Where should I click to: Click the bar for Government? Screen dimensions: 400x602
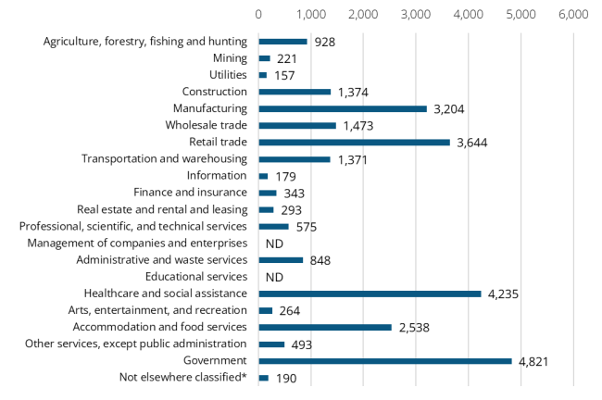[x=384, y=361]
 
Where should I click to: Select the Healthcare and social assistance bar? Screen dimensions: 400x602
[x=370, y=294]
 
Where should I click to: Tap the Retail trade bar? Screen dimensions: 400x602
[x=354, y=142]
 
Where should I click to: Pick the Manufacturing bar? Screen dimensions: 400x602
[x=343, y=108]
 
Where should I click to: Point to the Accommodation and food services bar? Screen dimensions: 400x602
[x=325, y=327]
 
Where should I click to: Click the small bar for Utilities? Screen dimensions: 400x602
[x=263, y=75]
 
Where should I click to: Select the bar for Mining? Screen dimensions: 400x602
[x=265, y=58]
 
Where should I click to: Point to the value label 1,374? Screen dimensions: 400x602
[x=353, y=92]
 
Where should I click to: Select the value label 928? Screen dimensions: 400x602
[x=324, y=42]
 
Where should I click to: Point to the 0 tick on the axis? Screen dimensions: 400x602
[x=258, y=15]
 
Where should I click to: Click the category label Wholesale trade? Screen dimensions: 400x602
[x=207, y=125]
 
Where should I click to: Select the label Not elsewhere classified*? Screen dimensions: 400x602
[x=183, y=378]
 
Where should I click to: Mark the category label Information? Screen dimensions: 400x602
[x=217, y=176]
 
